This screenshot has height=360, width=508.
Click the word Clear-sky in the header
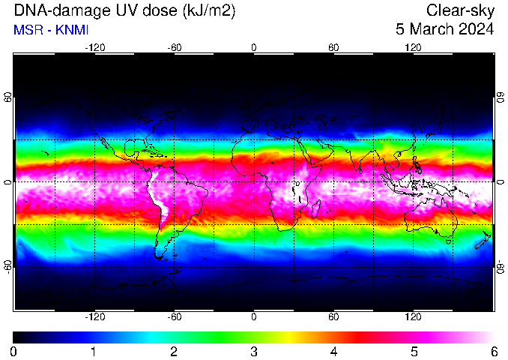[460, 11]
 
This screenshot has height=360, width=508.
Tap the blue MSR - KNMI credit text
[51, 30]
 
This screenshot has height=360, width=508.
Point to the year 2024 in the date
[475, 29]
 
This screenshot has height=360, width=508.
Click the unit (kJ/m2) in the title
[208, 11]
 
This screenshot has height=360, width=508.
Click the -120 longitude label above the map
[95, 48]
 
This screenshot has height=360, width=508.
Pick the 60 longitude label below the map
[333, 316]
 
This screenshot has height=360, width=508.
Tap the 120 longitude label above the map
[413, 48]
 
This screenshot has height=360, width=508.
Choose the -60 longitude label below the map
[175, 316]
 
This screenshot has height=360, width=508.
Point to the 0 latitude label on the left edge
[9, 181]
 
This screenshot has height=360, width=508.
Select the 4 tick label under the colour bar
[333, 352]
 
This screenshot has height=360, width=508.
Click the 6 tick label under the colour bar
[494, 352]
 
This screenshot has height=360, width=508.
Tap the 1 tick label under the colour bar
[93, 352]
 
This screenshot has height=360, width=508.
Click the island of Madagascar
[316, 209]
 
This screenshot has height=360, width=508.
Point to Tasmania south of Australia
[449, 241]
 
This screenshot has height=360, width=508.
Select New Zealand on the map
[483, 240]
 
